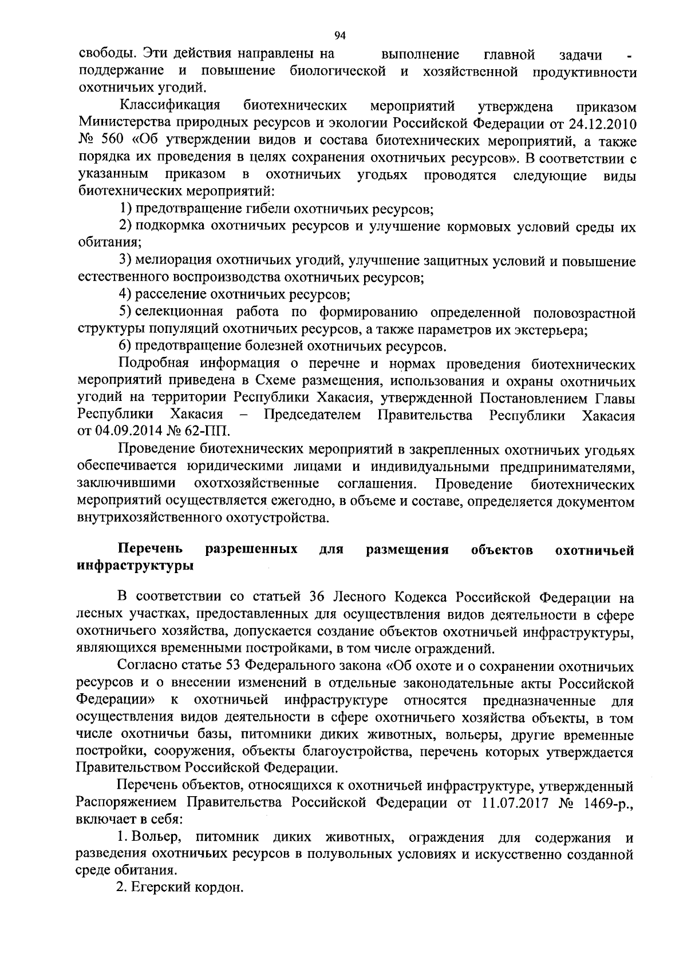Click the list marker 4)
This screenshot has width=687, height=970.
pyautogui.click(x=125, y=295)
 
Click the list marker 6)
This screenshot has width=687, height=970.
pyautogui.click(x=125, y=347)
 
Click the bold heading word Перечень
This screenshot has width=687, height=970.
pyautogui.click(x=150, y=550)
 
